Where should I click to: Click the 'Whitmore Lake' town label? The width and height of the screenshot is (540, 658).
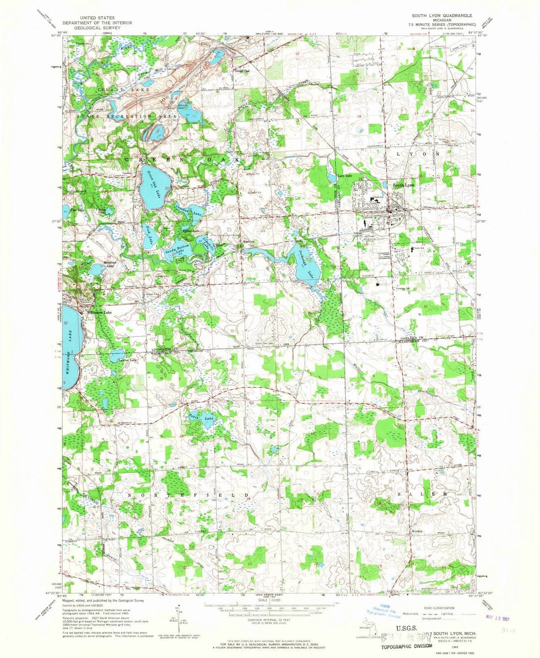coord(99,312)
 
